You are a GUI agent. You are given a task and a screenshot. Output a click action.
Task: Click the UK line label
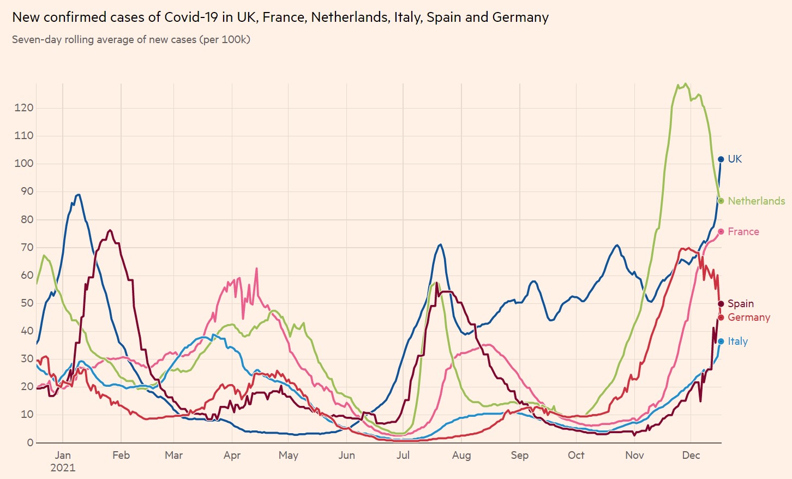tap(735, 159)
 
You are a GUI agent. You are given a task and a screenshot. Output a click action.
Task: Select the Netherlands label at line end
tap(756, 201)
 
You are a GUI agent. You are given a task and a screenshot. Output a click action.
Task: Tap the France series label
tap(743, 232)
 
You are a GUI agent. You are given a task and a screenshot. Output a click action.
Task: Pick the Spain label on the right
tap(740, 304)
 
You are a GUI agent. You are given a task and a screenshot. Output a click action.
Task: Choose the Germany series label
tap(748, 318)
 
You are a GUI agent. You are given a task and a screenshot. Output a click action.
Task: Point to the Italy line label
tap(737, 342)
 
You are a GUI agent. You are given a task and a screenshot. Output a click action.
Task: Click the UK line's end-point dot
tap(721, 159)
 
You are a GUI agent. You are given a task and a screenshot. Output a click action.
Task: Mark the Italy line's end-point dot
tap(721, 342)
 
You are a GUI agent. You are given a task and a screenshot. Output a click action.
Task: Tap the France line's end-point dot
tap(721, 232)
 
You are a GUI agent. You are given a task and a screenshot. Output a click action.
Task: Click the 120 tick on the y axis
tap(24, 108)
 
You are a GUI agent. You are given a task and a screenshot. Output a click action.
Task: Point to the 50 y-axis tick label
tap(27, 303)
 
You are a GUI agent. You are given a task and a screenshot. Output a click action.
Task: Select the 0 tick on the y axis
tap(31, 443)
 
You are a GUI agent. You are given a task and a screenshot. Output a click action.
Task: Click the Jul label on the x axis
tap(403, 456)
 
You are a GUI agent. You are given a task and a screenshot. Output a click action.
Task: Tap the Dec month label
tap(691, 456)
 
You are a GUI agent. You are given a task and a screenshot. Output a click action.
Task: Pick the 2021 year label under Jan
tap(63, 468)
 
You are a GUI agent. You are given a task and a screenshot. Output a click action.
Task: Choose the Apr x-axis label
tap(232, 456)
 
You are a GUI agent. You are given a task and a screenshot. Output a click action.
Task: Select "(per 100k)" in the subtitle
tap(225, 40)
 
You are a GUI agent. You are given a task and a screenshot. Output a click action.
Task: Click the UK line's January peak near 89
tap(79, 195)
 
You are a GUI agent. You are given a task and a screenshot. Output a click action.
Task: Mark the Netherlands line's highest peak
tap(686, 84)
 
